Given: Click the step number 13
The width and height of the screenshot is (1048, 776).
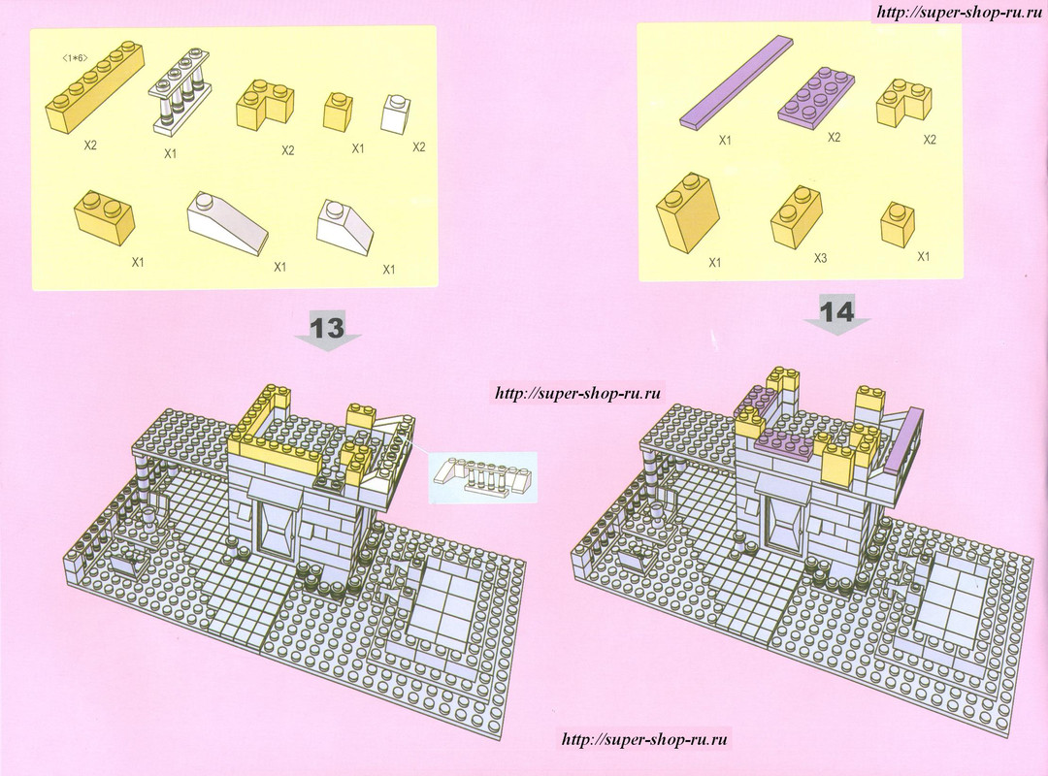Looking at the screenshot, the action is point(327,328).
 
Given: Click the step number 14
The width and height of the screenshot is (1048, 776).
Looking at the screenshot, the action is point(836,311).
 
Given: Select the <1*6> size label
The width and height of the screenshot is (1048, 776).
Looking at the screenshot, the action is point(74,59).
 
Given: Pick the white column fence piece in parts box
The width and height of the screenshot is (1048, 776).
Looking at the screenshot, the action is point(177,88).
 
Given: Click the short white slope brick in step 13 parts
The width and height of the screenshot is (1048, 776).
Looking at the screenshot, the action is point(345,226).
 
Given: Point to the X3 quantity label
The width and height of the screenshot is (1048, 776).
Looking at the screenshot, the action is point(820,257).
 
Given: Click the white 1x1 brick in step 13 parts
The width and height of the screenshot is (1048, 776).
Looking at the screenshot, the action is point(396,113).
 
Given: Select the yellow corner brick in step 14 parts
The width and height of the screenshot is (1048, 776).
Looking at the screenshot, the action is point(904,101).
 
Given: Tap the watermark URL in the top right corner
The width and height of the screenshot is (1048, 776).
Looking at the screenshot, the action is point(960,12).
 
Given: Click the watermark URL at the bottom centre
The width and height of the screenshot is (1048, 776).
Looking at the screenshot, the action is point(643,739).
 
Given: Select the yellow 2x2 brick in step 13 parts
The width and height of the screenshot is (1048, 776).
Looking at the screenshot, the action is point(104,211).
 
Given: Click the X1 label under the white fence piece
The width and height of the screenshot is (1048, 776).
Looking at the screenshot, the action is point(171,153).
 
